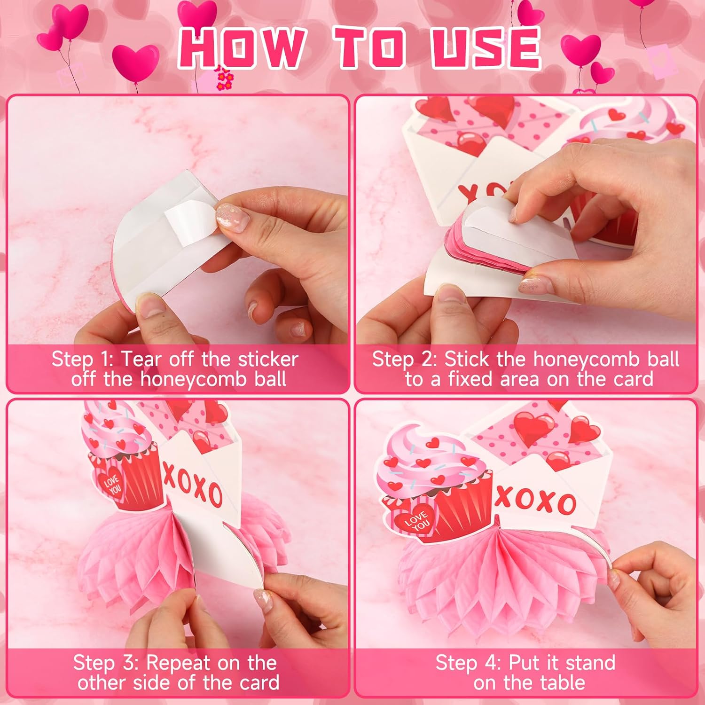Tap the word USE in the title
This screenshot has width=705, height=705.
486,47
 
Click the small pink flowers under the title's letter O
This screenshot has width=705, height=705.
224,78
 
